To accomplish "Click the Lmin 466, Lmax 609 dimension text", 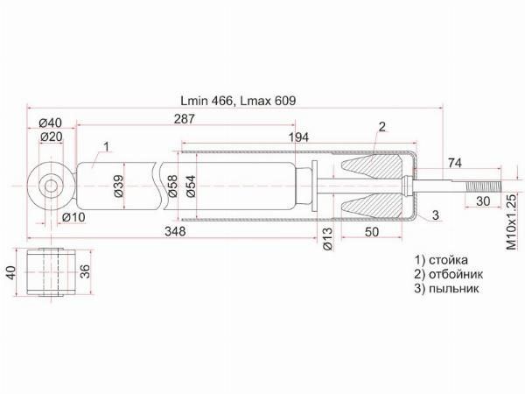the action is (x=238, y=101).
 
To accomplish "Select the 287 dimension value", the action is (x=184, y=119).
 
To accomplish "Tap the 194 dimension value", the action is (x=298, y=137).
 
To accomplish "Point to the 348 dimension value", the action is (x=175, y=231).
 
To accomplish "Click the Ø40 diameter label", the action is (x=50, y=123).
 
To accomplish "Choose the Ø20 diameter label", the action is (x=52, y=137).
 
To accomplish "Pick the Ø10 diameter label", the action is (x=73, y=217).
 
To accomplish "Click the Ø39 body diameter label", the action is (x=118, y=186).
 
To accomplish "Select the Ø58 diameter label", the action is (x=172, y=186).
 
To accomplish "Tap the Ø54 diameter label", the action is (x=191, y=186).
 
